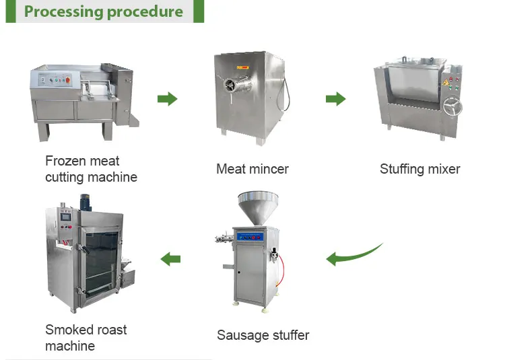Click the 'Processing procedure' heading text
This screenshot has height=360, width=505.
103,12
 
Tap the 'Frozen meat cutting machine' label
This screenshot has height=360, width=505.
91,169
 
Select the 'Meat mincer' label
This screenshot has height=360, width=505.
252,169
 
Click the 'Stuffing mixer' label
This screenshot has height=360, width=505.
419,169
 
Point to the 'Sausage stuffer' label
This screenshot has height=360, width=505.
263,334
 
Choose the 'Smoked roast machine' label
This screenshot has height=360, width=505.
86,338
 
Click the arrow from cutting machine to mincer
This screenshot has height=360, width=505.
167,99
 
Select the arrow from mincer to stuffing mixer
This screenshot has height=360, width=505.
335,99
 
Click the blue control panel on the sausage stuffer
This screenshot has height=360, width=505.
255,237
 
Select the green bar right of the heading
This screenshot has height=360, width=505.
199,11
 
